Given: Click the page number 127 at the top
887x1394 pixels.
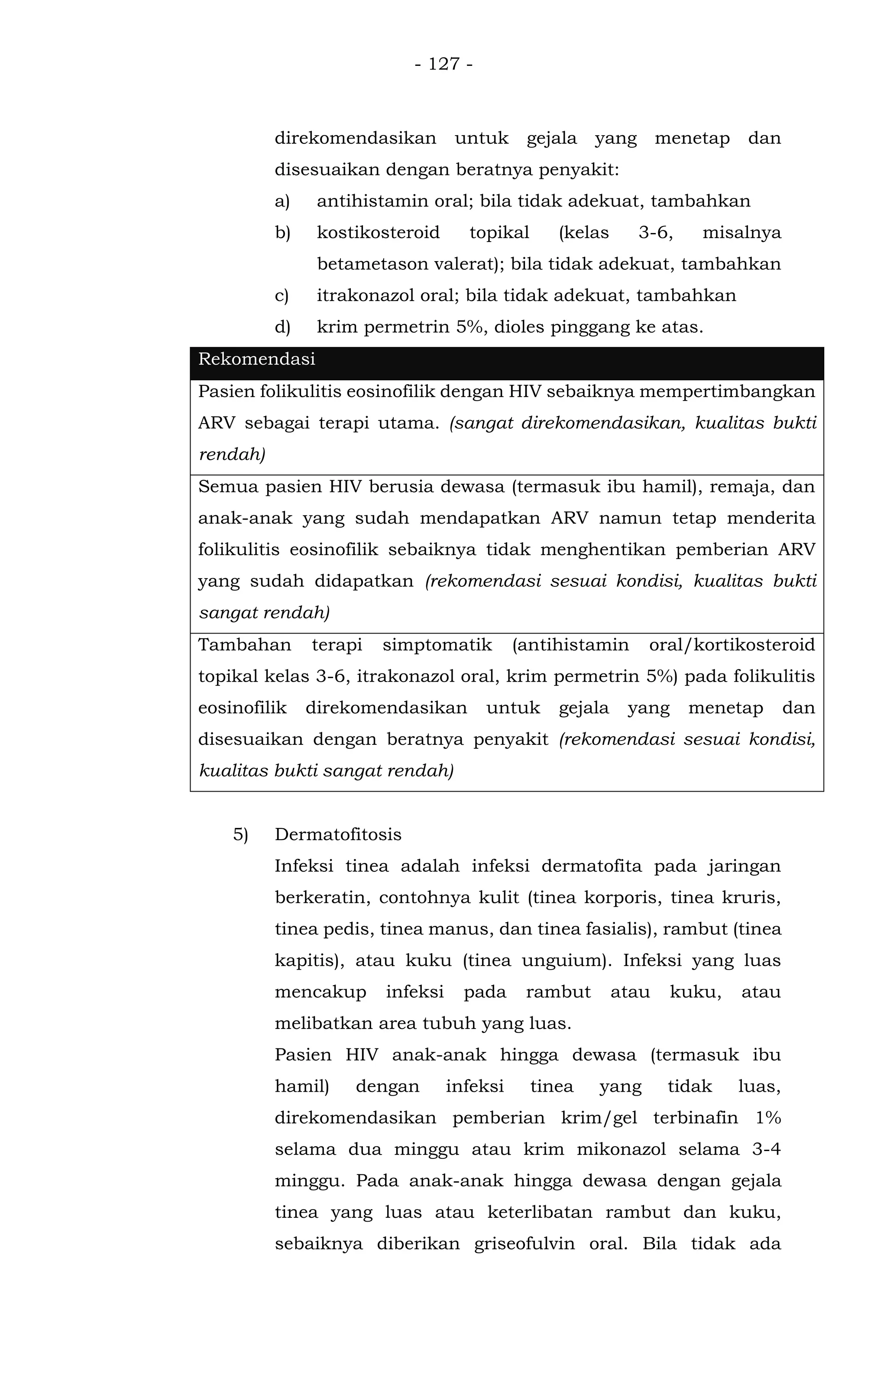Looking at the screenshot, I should (x=443, y=64).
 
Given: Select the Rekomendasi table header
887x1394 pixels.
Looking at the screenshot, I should (x=256, y=359).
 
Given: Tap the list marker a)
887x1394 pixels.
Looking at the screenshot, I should (x=282, y=201).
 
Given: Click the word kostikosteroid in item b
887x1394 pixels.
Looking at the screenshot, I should (x=378, y=233).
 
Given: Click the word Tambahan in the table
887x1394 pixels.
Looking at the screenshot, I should (x=244, y=645).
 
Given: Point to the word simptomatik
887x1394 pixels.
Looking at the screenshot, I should (x=437, y=645).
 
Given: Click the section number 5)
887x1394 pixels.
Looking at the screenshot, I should (x=240, y=835).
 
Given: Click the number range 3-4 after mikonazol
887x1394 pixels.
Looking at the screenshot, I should (x=766, y=1149).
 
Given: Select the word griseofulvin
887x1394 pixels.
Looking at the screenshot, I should (x=524, y=1244).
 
